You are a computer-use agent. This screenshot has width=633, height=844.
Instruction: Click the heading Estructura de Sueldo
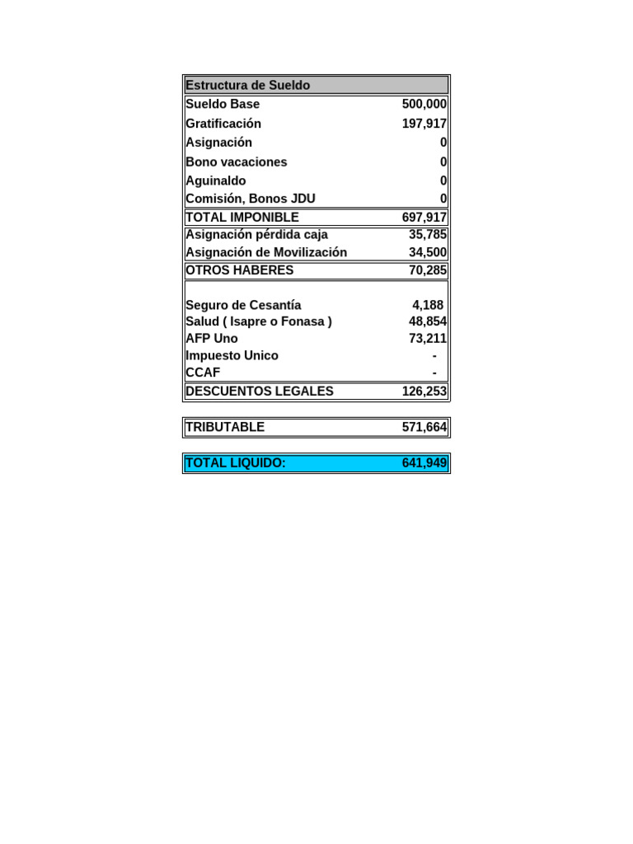tap(248, 85)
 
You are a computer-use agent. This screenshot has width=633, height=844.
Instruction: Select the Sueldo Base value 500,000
tap(424, 104)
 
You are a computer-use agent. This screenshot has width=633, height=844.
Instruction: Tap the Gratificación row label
tap(223, 124)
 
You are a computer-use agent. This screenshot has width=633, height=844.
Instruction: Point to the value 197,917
tap(424, 124)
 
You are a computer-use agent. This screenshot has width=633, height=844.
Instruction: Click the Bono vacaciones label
tap(237, 162)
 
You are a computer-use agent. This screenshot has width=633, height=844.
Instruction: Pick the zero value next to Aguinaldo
tap(443, 181)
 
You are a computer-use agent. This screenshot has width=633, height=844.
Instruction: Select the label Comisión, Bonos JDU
tap(251, 199)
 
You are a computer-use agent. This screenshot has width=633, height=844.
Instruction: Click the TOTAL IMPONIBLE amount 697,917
tap(424, 218)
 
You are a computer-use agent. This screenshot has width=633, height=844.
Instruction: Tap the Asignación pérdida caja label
tap(256, 235)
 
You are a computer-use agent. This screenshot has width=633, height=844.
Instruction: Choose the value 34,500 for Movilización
tap(427, 252)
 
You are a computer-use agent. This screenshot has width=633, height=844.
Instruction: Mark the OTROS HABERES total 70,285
tap(427, 270)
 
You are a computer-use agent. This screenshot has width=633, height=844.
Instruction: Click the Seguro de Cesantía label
tap(243, 305)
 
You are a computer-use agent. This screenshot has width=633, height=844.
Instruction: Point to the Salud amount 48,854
tap(427, 321)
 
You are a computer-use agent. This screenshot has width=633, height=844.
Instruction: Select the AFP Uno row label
tap(212, 339)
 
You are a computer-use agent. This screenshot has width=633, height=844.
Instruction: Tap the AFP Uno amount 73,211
tap(427, 339)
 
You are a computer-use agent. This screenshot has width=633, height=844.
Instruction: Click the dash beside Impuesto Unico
tap(434, 356)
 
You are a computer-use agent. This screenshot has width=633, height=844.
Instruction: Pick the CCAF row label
tap(203, 373)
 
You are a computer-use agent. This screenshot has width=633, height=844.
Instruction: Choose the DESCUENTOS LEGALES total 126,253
tap(424, 392)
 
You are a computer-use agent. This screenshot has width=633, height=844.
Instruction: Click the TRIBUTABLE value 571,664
tap(424, 427)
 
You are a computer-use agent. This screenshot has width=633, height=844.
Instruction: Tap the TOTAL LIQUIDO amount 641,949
tap(424, 463)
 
